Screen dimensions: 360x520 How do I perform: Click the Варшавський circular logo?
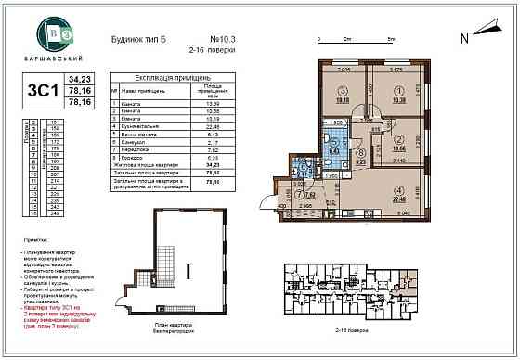pyautogui.click(x=49, y=34)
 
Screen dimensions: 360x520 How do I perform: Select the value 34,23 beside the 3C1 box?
pyautogui.click(x=85, y=82)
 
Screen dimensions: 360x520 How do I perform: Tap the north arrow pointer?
pyautogui.click(x=485, y=40)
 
